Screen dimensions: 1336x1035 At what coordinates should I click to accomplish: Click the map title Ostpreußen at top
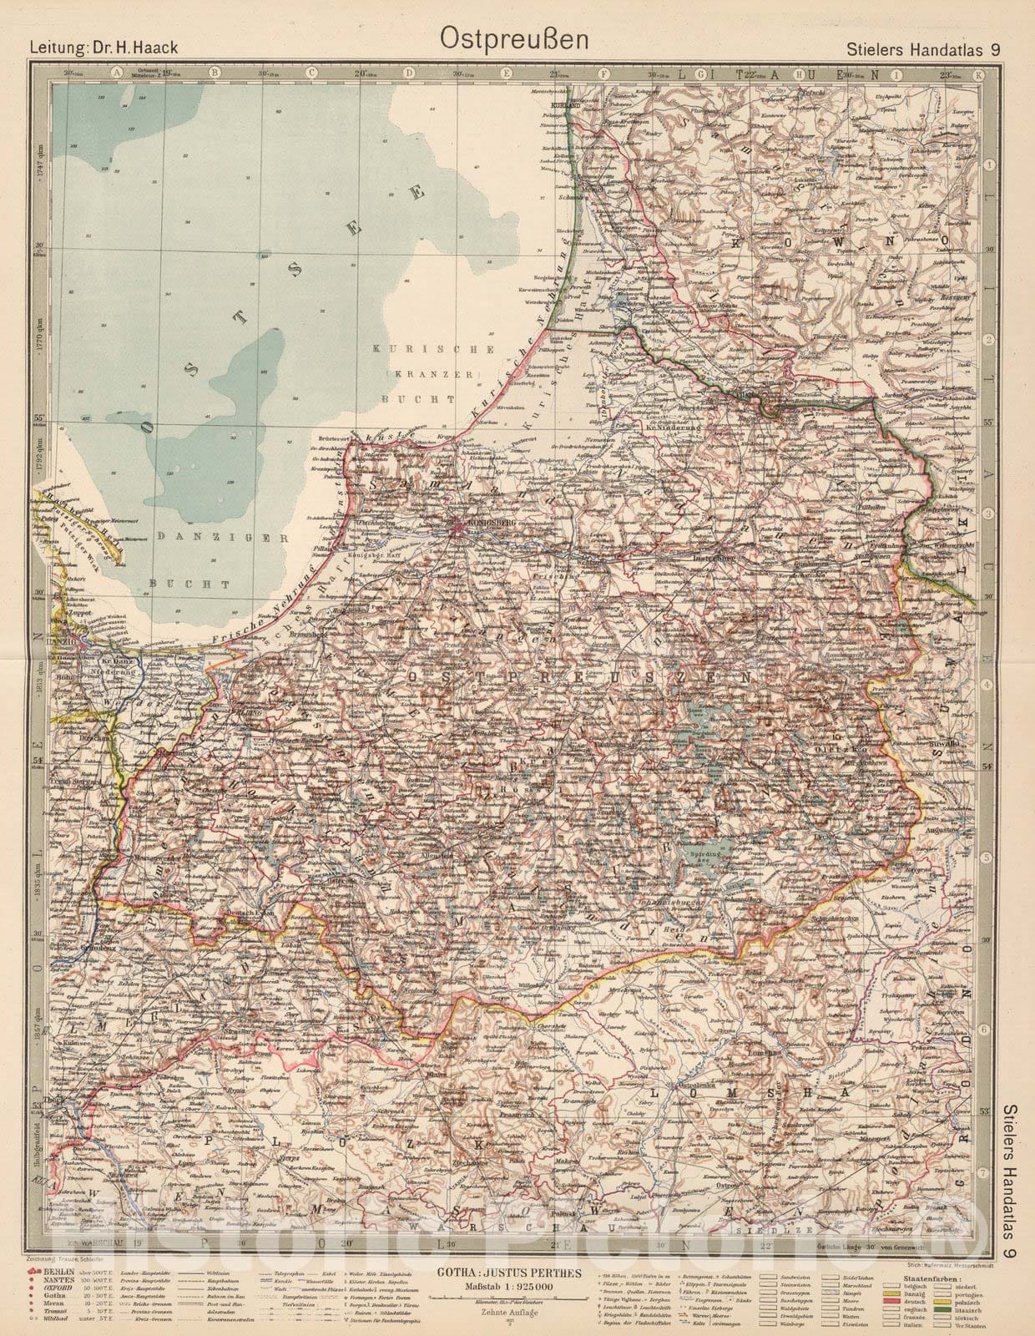click(517, 38)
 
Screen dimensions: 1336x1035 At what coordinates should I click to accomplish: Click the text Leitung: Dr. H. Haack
click(105, 48)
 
